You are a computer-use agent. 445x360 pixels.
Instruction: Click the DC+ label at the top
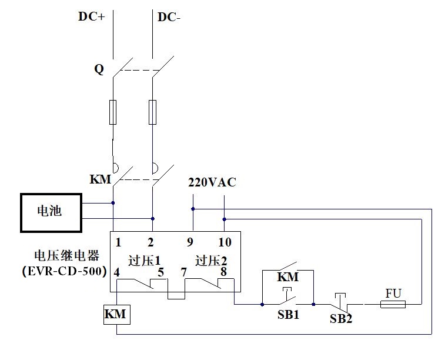(x=91, y=16)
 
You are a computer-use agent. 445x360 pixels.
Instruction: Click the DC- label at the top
(x=169, y=17)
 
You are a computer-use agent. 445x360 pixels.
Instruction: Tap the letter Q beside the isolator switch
(x=99, y=69)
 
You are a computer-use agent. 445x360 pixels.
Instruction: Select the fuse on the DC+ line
(x=113, y=112)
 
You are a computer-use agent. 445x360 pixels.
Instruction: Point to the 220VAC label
(x=212, y=182)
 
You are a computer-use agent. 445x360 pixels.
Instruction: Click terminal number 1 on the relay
(x=118, y=242)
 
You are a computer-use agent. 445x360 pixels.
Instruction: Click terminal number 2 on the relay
(x=150, y=242)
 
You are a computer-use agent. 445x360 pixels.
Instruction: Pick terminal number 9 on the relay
(x=190, y=242)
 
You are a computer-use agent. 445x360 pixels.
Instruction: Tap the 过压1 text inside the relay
(x=145, y=260)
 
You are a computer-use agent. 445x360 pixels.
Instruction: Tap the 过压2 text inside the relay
(x=211, y=260)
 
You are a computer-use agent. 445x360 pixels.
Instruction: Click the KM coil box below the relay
(x=115, y=315)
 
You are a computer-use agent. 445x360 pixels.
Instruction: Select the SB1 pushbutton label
(x=289, y=315)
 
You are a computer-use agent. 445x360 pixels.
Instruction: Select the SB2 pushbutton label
(x=341, y=318)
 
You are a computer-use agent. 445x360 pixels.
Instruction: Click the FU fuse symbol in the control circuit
(x=393, y=304)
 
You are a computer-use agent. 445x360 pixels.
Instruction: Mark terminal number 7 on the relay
(x=184, y=272)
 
